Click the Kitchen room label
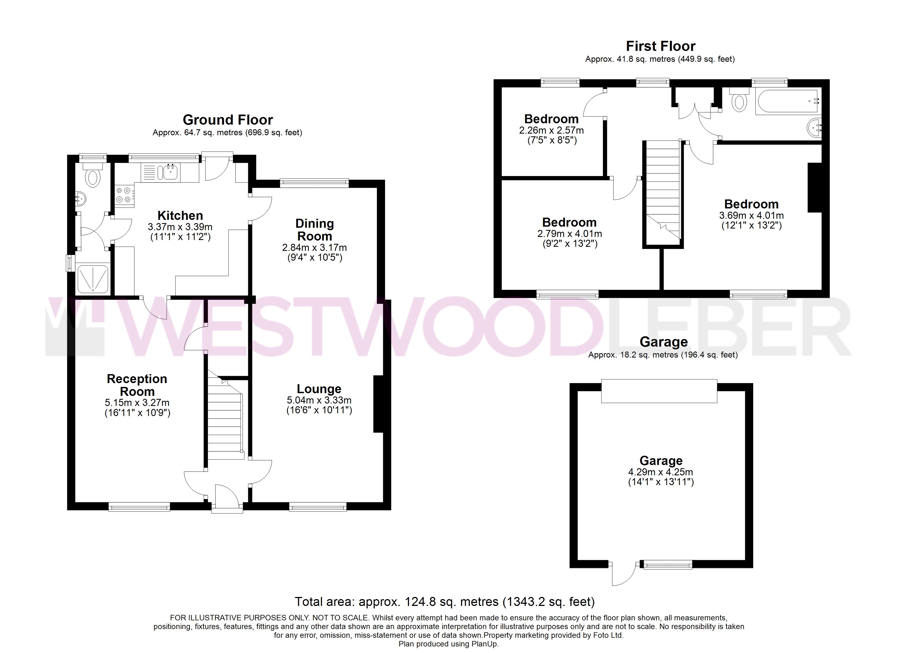[180, 216]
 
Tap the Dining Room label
[315, 230]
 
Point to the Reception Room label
[137, 385]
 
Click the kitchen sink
[169, 172]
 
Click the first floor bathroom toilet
[739, 99]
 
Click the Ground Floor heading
[228, 120]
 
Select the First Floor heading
[660, 46]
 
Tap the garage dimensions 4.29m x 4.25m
[660, 472]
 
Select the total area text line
[445, 602]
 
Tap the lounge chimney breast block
[378, 404]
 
